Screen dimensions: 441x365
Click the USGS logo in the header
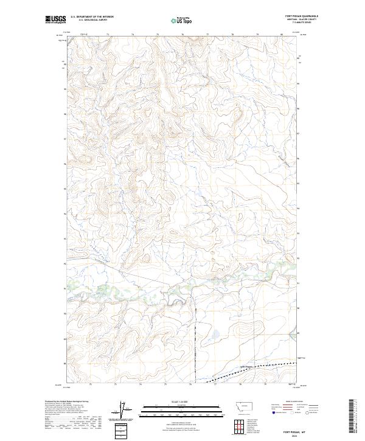[55, 19]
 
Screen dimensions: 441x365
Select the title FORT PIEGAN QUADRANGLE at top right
[301, 16]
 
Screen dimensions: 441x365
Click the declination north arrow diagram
[127, 411]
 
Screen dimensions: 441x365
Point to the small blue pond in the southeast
[214, 333]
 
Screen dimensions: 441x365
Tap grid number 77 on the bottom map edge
[215, 384]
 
